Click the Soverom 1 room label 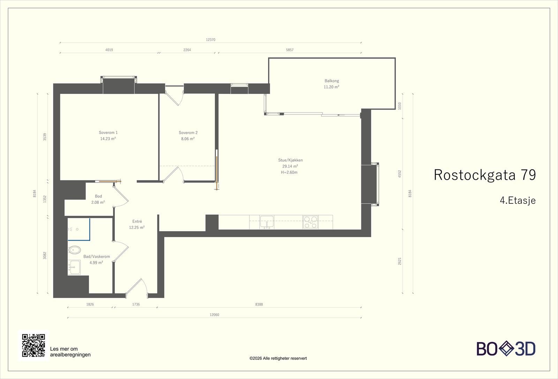(108, 133)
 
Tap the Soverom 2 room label (188, 133)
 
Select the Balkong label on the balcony (332, 81)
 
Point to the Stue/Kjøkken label (291, 160)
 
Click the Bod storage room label (98, 196)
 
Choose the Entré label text (137, 221)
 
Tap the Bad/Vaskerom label (96, 256)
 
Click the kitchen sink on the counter (267, 222)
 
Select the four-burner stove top (311, 222)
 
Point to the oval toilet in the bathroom (75, 250)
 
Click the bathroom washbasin (74, 267)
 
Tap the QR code (33, 345)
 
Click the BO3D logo (506, 349)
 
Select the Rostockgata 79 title (485, 175)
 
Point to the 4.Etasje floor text (518, 200)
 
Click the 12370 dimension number (211, 40)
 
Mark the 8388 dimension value (259, 304)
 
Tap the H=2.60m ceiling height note (289, 172)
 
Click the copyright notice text (278, 358)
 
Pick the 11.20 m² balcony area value (332, 87)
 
